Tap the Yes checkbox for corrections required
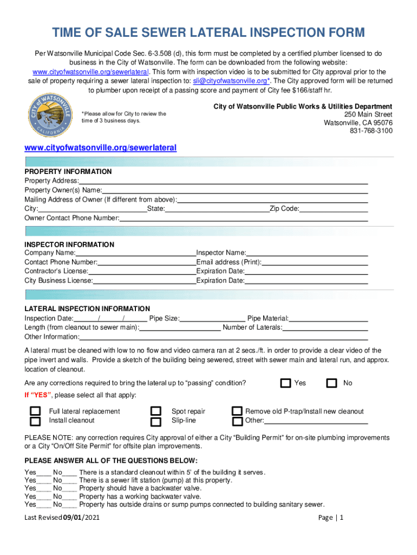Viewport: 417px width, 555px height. (285, 383)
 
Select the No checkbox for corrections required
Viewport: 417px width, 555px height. (331, 383)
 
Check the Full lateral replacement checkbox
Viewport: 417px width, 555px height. (35, 411)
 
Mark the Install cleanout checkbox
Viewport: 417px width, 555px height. (35, 421)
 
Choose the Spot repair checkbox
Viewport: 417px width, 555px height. (156, 411)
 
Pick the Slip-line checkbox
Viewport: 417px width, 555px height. (156, 421)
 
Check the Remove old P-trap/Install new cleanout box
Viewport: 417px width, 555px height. (237, 411)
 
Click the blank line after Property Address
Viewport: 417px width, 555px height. (223, 181)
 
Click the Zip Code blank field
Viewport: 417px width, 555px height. (334, 209)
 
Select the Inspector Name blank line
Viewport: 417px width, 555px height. (307, 253)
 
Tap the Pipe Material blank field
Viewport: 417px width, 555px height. (328, 319)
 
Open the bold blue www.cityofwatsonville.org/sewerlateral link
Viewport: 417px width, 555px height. (101, 147)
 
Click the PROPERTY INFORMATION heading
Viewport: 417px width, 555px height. (68, 172)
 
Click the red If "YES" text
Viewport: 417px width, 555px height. (38, 395)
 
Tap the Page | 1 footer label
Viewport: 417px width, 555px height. (331, 518)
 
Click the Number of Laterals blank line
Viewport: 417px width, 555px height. (325, 328)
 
